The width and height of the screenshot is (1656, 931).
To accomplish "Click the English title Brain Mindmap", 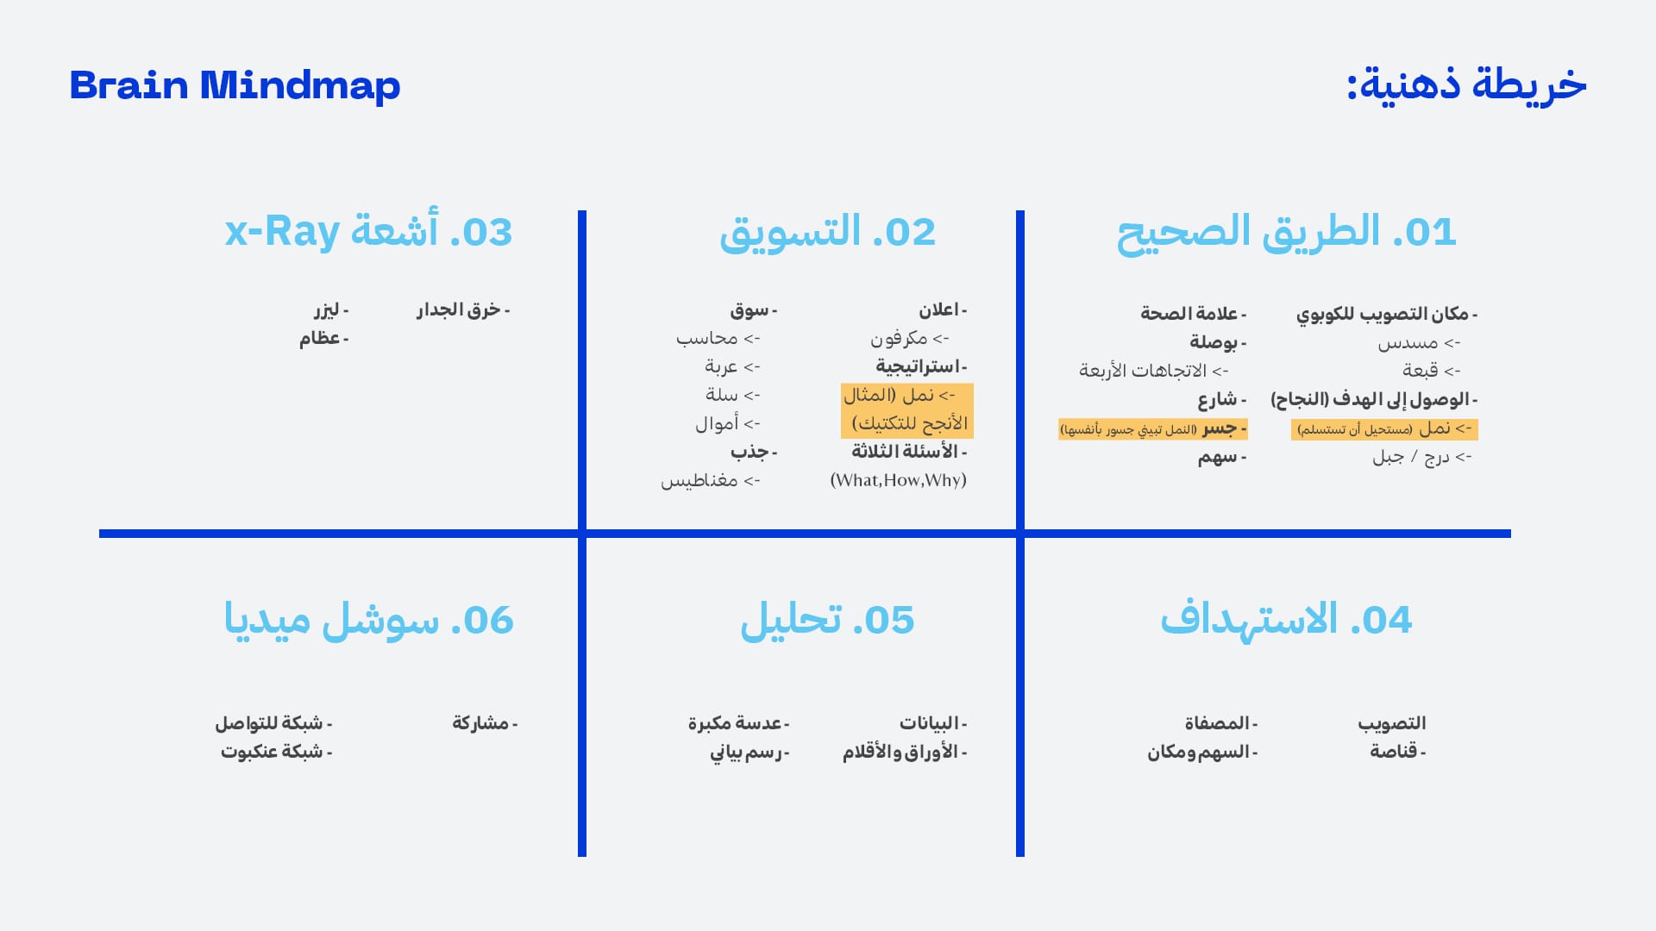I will pyautogui.click(x=235, y=85).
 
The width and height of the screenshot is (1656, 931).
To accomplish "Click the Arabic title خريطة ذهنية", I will pyautogui.click(x=1466, y=84).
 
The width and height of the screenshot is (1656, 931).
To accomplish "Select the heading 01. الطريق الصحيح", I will pyautogui.click(x=1286, y=233).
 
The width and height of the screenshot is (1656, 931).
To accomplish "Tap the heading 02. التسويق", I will pyautogui.click(x=827, y=233).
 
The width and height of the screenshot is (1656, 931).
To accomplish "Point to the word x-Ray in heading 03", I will pyautogui.click(x=282, y=232).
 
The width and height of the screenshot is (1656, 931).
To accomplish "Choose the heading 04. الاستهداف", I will pyautogui.click(x=1285, y=620).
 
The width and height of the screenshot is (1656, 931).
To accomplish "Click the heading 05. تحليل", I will pyautogui.click(x=827, y=620).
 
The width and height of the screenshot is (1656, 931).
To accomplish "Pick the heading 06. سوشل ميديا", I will pyautogui.click(x=368, y=620).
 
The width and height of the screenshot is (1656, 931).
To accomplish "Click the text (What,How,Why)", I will pyautogui.click(x=898, y=480).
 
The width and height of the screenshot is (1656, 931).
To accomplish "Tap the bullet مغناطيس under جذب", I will pyautogui.click(x=710, y=480).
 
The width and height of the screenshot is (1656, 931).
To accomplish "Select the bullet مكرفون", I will pyautogui.click(x=909, y=338).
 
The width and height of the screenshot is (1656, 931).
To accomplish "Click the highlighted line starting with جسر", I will pyautogui.click(x=1152, y=428).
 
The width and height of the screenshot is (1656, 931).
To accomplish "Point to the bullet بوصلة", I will pyautogui.click(x=1217, y=342).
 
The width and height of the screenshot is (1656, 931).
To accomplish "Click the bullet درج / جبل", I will pyautogui.click(x=1421, y=457).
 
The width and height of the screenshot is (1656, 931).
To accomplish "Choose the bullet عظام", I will pyautogui.click(x=323, y=338).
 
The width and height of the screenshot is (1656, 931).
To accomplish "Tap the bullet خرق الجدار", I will pyautogui.click(x=462, y=309).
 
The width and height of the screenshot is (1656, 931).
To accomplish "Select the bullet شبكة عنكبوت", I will pyautogui.click(x=275, y=752).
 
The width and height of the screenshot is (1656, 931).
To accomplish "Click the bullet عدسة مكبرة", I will pyautogui.click(x=738, y=722).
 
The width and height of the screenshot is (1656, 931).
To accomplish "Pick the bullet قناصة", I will pyautogui.click(x=1397, y=751).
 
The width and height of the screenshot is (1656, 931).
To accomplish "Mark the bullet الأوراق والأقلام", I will pyautogui.click(x=904, y=752).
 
